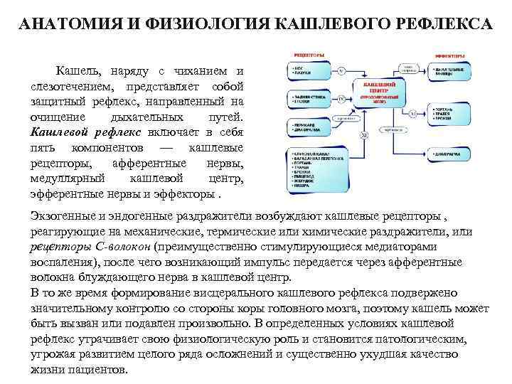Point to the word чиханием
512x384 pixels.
click(x=201, y=71)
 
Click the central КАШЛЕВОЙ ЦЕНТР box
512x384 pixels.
click(x=383, y=93)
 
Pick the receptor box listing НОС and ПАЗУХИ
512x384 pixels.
click(x=306, y=70)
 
